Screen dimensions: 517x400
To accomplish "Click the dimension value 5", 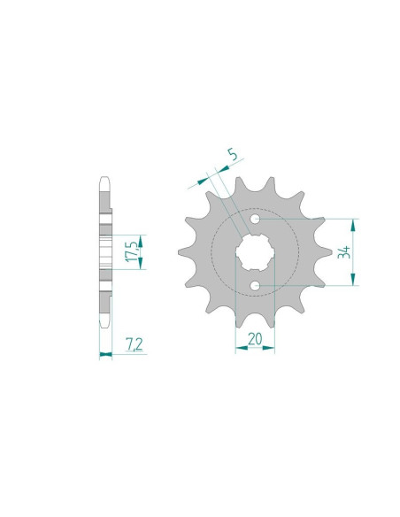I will [232, 158].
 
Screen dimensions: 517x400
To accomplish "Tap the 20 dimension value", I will [255, 336].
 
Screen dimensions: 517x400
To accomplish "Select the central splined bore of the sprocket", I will [255, 251].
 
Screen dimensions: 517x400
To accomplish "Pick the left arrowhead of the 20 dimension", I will [239, 349].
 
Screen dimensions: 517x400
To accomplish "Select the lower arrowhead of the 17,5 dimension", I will [138, 265].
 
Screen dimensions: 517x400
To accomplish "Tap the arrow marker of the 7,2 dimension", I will [105, 354].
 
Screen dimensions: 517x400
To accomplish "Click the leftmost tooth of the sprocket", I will [185, 252].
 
